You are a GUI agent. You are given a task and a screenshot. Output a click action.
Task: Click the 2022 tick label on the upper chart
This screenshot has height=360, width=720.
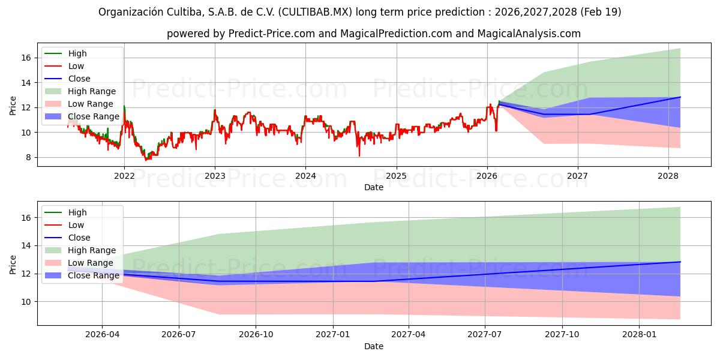pos(124,176)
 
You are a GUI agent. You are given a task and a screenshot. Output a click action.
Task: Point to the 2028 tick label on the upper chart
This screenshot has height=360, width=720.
pos(668,176)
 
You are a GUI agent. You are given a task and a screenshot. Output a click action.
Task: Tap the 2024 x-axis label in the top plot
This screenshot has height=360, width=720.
pos(305,176)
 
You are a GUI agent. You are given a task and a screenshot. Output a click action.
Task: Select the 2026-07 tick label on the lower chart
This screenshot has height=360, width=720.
pos(179,334)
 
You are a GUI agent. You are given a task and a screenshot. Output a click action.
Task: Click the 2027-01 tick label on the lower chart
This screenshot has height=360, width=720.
pos(332,334)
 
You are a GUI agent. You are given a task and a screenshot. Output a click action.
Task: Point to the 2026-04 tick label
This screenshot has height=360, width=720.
pos(102,334)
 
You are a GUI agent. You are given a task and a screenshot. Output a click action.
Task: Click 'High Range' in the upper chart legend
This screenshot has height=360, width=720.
pos(92,91)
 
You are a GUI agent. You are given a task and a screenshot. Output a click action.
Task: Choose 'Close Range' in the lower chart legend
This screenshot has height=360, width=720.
pos(94,275)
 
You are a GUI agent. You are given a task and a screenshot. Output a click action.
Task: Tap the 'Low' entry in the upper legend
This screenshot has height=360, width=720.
pos(76,66)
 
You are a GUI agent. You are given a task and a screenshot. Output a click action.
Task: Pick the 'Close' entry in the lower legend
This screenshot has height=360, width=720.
pos(79,238)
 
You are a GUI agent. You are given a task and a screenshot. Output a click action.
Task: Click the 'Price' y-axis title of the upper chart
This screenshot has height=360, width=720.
pos(13,106)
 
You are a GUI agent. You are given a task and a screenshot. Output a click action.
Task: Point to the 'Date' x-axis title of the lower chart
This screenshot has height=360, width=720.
pos(373,346)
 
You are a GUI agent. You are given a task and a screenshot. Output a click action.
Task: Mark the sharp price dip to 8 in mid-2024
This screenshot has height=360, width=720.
pos(359,155)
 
